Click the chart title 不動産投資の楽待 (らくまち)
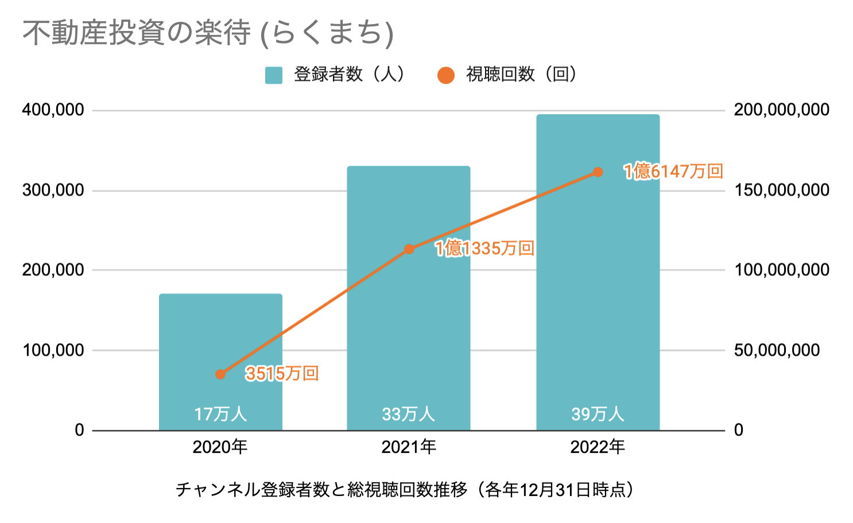[x=208, y=33]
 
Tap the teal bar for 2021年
[x=409, y=321]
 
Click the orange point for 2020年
[x=220, y=374]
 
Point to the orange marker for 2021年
[x=409, y=249]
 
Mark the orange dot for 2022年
[x=598, y=172]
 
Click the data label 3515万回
[x=282, y=374]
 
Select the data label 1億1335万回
[x=484, y=248]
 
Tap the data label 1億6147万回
[x=673, y=171]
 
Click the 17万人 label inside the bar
[x=220, y=414]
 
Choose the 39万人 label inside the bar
[x=598, y=414]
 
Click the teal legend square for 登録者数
[x=274, y=75]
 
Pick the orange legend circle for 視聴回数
[x=446, y=75]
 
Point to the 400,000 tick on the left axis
[x=53, y=110]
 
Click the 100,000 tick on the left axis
[x=53, y=350]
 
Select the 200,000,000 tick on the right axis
[x=781, y=110]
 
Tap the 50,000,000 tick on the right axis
[x=777, y=350]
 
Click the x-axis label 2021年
[x=409, y=447]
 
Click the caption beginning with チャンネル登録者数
[x=405, y=490]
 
